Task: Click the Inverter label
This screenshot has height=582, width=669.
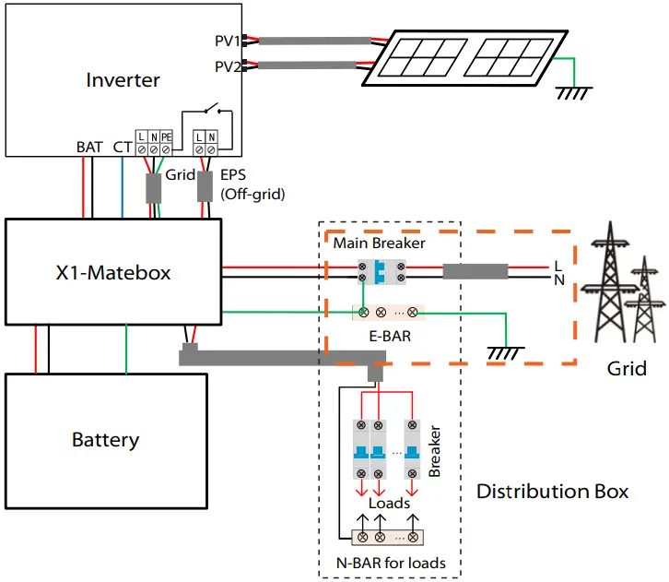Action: click(x=123, y=80)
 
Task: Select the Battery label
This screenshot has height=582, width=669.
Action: click(x=105, y=439)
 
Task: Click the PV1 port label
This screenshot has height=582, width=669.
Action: click(x=227, y=42)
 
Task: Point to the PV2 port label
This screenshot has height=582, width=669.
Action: click(x=227, y=66)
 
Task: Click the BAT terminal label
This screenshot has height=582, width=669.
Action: click(x=89, y=147)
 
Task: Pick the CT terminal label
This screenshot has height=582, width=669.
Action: click(x=122, y=147)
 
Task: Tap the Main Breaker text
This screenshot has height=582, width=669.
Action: click(x=379, y=243)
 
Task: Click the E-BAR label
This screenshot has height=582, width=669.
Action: click(x=386, y=337)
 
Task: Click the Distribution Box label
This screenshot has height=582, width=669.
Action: click(x=552, y=491)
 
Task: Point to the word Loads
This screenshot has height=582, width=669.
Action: click(x=389, y=504)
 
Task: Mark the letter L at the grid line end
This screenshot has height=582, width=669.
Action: click(x=558, y=266)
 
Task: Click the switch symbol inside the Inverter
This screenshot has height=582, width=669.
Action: click(x=213, y=110)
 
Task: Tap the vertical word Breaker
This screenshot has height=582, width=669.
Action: click(x=435, y=451)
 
